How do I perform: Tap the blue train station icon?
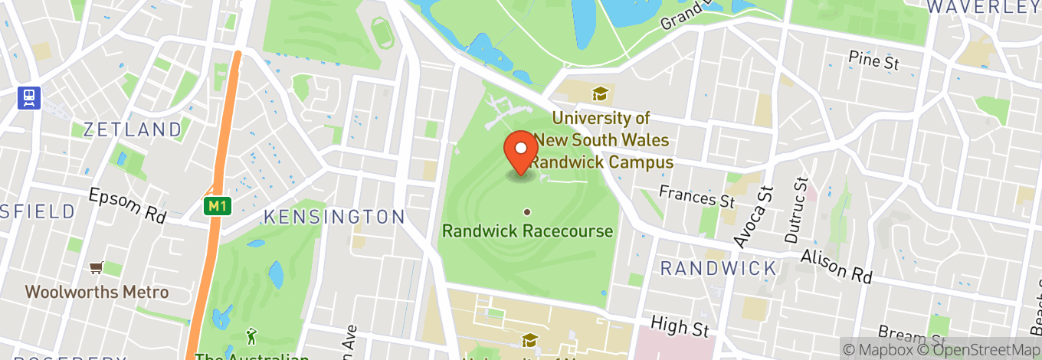[x=29, y=97]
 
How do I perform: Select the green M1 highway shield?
[x=218, y=206]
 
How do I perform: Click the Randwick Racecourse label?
[x=528, y=231]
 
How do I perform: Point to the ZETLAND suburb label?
[x=133, y=129]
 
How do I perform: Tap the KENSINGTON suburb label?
[x=334, y=217]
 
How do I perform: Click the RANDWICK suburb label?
[x=719, y=268]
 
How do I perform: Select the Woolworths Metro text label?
[x=97, y=292]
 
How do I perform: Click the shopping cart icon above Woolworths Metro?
[x=97, y=267]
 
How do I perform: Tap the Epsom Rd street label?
[x=127, y=205]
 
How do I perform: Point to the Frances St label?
[x=697, y=197]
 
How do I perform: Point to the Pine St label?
[x=873, y=61]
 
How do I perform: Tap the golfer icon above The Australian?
[x=251, y=335]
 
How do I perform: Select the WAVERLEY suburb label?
[x=983, y=7]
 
